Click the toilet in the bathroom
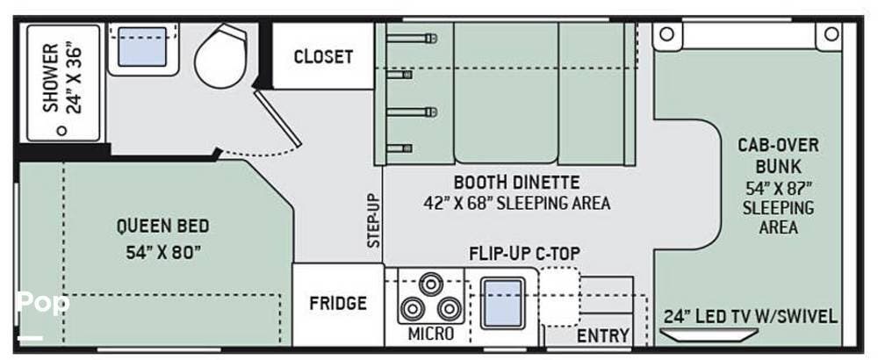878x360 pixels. pyautogui.click(x=220, y=56)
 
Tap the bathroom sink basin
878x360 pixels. pyautogui.click(x=142, y=47)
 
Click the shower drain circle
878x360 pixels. pyautogui.click(x=61, y=131)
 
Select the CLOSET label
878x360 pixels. pyautogui.click(x=323, y=56)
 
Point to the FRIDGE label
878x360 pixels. pyautogui.click(x=338, y=304)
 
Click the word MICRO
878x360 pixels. pyautogui.click(x=430, y=334)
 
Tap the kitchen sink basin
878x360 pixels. pyautogui.click(x=503, y=303)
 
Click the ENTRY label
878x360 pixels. pyautogui.click(x=603, y=336)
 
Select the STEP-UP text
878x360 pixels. pyautogui.click(x=374, y=220)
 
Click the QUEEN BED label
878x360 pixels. pyautogui.click(x=163, y=227)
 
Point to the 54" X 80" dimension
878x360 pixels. pyautogui.click(x=163, y=253)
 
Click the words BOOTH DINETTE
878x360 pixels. pyautogui.click(x=516, y=183)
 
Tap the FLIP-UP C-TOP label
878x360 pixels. pyautogui.click(x=524, y=254)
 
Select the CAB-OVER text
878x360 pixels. pyautogui.click(x=778, y=145)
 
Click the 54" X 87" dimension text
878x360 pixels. pyautogui.click(x=778, y=187)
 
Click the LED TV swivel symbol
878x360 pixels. pyautogui.click(x=709, y=335)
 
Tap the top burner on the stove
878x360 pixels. pyautogui.click(x=430, y=284)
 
